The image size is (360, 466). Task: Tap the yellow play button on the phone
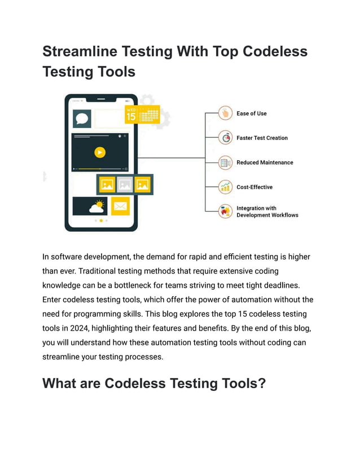(100, 152)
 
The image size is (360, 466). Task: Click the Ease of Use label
(252, 113)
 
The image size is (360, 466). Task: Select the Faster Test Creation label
(262, 138)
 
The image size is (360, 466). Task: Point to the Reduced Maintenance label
(265, 162)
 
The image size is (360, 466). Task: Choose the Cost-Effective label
(254, 187)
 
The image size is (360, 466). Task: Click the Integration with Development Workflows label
(267, 212)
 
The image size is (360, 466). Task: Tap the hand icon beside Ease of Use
(226, 113)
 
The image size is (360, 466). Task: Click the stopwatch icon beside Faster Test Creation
(226, 138)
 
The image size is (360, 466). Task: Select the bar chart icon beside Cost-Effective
(226, 187)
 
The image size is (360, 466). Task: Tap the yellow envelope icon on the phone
(120, 206)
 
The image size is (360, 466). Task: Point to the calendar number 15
(131, 117)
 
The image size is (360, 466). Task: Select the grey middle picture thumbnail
(125, 184)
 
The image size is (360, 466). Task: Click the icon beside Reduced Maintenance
(226, 162)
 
